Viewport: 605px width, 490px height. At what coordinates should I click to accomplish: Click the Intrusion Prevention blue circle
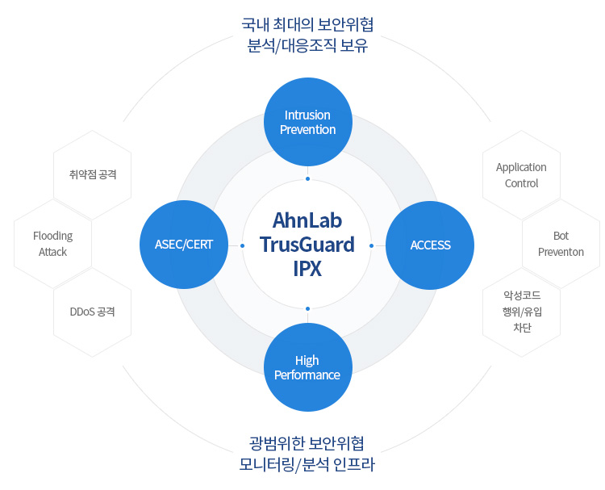pyautogui.click(x=307, y=122)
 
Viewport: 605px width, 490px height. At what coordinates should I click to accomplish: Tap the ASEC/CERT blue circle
pyautogui.click(x=184, y=245)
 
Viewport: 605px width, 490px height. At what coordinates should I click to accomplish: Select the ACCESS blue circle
pyautogui.click(x=430, y=245)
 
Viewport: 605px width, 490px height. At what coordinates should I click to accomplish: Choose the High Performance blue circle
pyautogui.click(x=307, y=367)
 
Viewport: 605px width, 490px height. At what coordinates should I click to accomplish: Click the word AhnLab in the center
pyautogui.click(x=307, y=220)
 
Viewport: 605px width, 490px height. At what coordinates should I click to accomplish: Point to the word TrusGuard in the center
pyautogui.click(x=307, y=244)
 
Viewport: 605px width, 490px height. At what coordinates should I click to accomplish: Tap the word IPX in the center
pyautogui.click(x=307, y=268)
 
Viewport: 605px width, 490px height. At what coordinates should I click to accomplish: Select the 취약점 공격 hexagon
pyautogui.click(x=93, y=174)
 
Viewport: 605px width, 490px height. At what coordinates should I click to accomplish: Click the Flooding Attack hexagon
pyautogui.click(x=53, y=244)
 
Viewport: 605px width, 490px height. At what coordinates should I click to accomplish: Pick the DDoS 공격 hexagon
pyautogui.click(x=93, y=312)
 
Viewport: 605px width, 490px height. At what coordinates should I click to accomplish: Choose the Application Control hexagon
pyautogui.click(x=521, y=175)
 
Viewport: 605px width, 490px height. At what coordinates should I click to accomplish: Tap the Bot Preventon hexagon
pyautogui.click(x=561, y=244)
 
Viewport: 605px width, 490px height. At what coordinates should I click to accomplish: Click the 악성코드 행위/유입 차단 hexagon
pyautogui.click(x=521, y=312)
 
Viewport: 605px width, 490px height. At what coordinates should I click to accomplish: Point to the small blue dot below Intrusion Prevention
pyautogui.click(x=307, y=179)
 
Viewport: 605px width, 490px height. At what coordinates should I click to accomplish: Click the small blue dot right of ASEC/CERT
pyautogui.click(x=243, y=245)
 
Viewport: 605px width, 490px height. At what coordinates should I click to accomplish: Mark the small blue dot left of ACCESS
pyautogui.click(x=371, y=245)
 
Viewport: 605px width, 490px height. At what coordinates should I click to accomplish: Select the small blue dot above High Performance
pyautogui.click(x=307, y=308)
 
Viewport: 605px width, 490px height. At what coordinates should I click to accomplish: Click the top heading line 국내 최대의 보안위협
pyautogui.click(x=307, y=24)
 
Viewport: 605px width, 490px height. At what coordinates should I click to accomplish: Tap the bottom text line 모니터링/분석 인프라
pyautogui.click(x=307, y=465)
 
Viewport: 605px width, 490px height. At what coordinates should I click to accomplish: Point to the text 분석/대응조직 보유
pyautogui.click(x=307, y=46)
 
